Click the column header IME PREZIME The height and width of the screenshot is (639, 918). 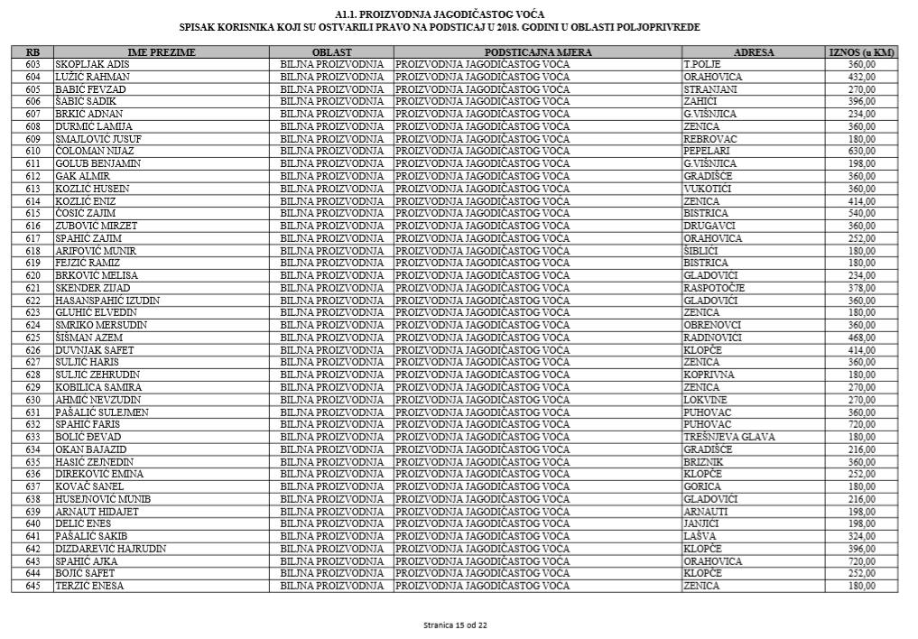click(x=162, y=53)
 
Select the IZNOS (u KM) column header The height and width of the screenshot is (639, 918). click(x=861, y=53)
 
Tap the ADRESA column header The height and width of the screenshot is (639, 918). click(x=754, y=53)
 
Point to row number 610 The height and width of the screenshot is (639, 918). click(x=33, y=151)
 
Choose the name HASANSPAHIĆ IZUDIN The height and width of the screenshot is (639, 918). click(x=107, y=301)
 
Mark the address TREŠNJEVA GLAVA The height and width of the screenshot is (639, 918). click(x=729, y=437)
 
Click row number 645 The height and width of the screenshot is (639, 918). click(x=33, y=586)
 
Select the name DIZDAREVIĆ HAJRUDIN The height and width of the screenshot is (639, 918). click(x=110, y=549)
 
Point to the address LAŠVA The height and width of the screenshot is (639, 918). click(x=700, y=536)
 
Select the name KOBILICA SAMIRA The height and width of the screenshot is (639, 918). click(x=98, y=387)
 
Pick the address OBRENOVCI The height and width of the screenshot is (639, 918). click(x=712, y=325)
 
